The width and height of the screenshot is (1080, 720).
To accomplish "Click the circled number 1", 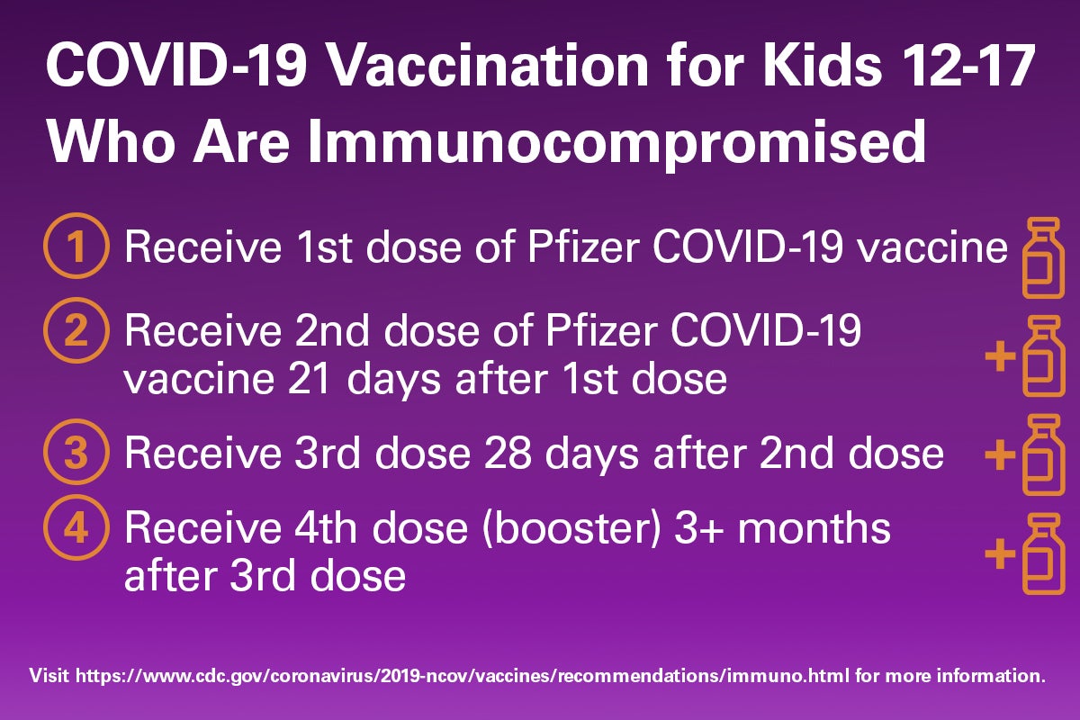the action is click(x=76, y=246).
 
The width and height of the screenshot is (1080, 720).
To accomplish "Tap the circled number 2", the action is click(x=76, y=331).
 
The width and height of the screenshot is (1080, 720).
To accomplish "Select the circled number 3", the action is click(x=76, y=452).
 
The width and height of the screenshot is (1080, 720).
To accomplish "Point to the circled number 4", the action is click(x=76, y=527).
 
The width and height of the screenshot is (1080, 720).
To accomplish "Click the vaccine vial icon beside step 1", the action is click(x=1043, y=257).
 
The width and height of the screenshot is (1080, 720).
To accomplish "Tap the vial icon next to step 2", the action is click(x=1043, y=356).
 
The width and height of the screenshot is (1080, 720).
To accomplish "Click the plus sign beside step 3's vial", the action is click(x=1000, y=454).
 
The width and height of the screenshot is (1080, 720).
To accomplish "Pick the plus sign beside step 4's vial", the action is click(x=1000, y=553).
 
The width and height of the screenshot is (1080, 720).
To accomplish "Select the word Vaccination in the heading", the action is click(x=488, y=66).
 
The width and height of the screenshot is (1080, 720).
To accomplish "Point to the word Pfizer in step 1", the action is click(x=583, y=247).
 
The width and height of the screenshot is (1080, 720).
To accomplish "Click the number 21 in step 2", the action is click(x=310, y=379).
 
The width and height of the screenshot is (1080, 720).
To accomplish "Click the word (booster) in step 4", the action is click(x=571, y=529).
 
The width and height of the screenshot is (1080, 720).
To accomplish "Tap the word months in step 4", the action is click(x=814, y=528).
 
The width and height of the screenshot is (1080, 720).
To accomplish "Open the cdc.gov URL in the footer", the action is click(x=462, y=676).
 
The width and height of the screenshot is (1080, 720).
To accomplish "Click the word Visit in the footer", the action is click(x=49, y=675).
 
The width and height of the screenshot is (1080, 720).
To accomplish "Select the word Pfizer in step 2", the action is click(x=601, y=331).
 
